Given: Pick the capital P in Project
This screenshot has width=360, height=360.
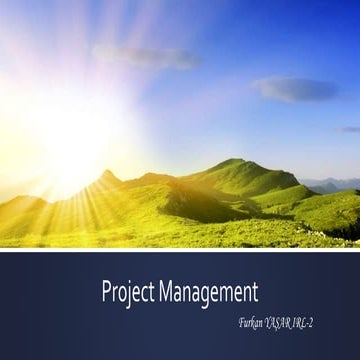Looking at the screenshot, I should click(x=105, y=292).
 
